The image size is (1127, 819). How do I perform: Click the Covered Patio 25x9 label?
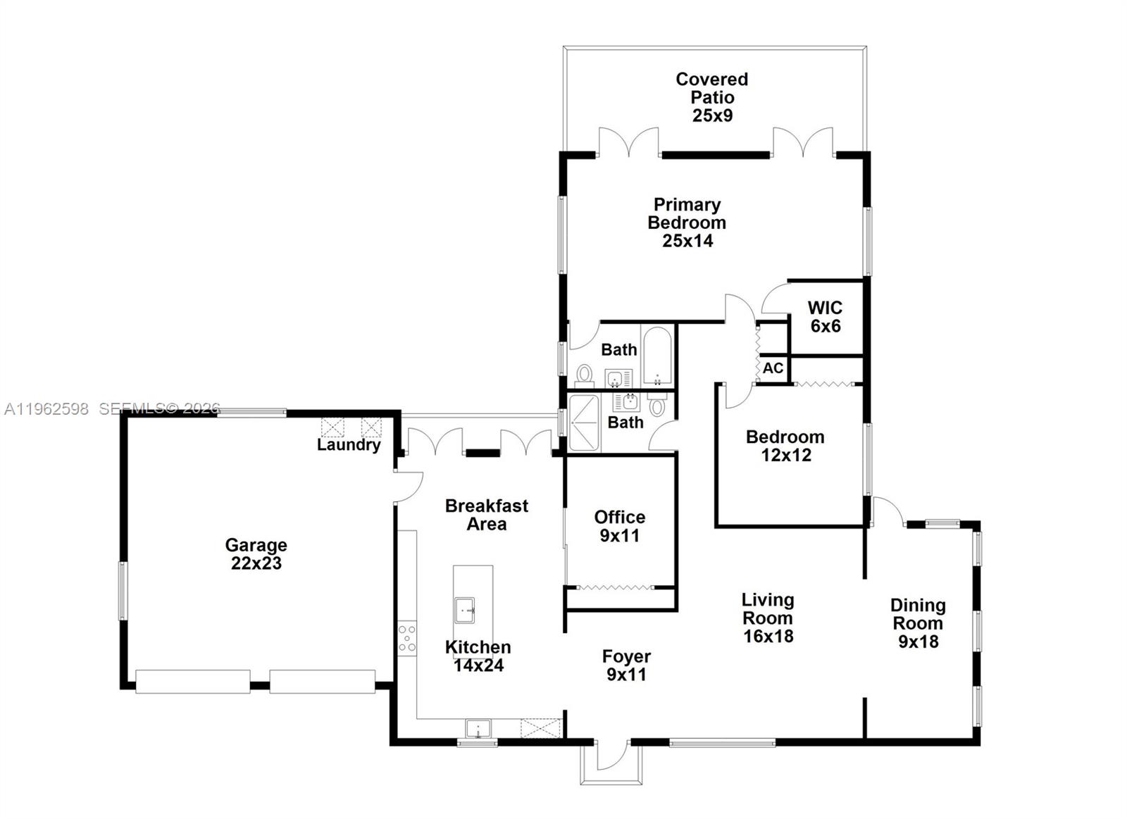tap(711, 97)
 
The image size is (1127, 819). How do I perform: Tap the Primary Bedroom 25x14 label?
tap(687, 223)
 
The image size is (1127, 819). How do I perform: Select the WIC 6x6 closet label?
tap(825, 317)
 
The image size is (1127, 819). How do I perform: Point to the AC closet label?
tap(773, 368)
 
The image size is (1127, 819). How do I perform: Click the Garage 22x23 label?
tap(256, 554)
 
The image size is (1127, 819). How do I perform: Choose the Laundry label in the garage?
tap(348, 444)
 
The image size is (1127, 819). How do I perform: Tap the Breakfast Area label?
tap(486, 515)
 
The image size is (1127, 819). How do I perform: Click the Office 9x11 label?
tap(619, 526)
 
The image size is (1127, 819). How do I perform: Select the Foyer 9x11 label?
tap(626, 665)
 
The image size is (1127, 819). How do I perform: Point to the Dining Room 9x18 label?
tap(917, 623)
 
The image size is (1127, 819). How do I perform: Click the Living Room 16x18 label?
tap(767, 618)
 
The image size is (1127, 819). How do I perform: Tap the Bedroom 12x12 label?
tap(785, 446)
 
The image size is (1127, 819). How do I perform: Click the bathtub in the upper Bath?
tap(658, 356)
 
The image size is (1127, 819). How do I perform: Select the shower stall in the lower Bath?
tap(583, 423)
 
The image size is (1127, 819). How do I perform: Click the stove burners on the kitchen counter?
tap(407, 637)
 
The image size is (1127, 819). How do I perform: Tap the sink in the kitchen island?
tap(465, 610)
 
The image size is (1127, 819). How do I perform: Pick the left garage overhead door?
tap(192, 682)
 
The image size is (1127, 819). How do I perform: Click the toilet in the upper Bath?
tap(584, 375)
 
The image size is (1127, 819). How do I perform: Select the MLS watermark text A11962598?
tap(46, 409)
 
